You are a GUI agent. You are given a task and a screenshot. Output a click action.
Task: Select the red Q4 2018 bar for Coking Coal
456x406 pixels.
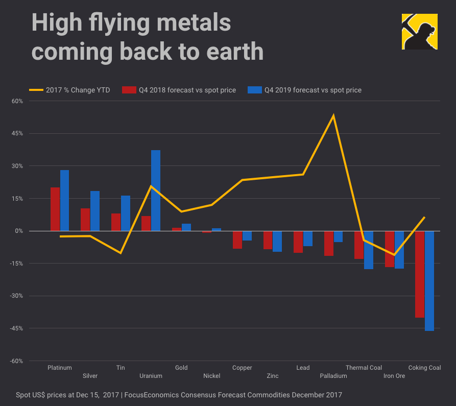(x=419, y=274)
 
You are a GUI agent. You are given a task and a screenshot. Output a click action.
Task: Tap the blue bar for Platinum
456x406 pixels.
(x=64, y=200)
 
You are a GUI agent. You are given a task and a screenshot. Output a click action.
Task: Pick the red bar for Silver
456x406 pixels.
(x=85, y=220)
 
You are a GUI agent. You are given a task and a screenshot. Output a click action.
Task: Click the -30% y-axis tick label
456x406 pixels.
(x=17, y=296)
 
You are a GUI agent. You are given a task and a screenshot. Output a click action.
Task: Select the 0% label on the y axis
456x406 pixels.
(x=19, y=231)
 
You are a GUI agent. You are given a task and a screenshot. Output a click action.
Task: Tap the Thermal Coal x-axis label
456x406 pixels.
(x=364, y=368)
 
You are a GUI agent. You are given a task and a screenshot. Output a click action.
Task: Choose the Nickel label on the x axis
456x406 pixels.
(x=211, y=376)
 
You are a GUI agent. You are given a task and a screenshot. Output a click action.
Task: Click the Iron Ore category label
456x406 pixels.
(x=394, y=376)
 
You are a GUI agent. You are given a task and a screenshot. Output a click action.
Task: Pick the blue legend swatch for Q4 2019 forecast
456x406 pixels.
(x=254, y=90)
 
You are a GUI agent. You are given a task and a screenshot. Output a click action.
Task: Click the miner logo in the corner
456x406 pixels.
(x=419, y=31)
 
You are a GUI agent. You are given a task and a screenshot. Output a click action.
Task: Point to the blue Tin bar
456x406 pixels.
(x=126, y=213)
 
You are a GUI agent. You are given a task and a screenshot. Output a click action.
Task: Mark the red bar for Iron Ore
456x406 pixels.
(x=389, y=249)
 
